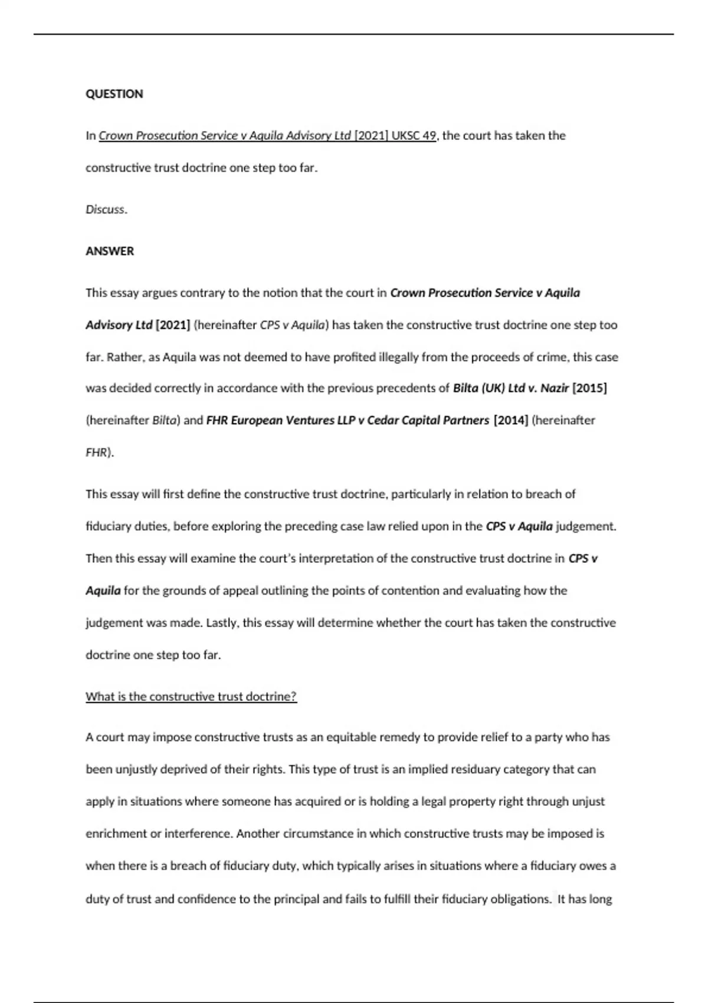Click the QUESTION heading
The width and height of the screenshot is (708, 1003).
pyautogui.click(x=114, y=94)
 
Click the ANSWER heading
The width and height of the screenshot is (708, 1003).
pyautogui.click(x=110, y=251)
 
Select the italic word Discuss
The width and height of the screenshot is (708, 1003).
pyautogui.click(x=106, y=209)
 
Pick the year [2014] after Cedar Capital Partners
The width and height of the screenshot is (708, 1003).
pyautogui.click(x=510, y=421)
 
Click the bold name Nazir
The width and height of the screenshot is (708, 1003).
pyautogui.click(x=554, y=388)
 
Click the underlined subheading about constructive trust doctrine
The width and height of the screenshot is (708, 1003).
pyautogui.click(x=191, y=696)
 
